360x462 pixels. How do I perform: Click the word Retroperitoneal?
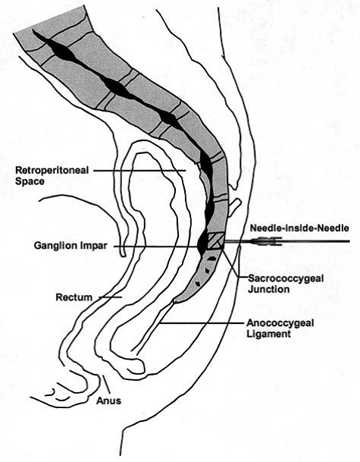pyautogui.click(x=52, y=170)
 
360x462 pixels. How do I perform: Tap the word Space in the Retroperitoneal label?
pyautogui.click(x=30, y=181)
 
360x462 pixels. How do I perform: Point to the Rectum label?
pyautogui.click(x=74, y=297)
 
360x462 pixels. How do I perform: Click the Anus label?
pyautogui.click(x=108, y=401)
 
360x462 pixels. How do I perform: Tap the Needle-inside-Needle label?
pyautogui.click(x=299, y=228)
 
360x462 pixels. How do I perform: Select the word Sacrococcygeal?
pyautogui.click(x=286, y=278)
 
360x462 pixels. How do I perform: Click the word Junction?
pyautogui.click(x=268, y=289)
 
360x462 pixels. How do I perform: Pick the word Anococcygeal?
pyautogui.click(x=280, y=323)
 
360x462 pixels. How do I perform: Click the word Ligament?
pyautogui.click(x=268, y=334)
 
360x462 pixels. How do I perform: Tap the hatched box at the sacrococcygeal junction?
pyautogui.click(x=215, y=241)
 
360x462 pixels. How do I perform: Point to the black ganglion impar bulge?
pyautogui.click(x=202, y=244)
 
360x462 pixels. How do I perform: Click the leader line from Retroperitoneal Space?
pyautogui.click(x=139, y=170)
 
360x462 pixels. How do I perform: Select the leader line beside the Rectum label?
pyautogui.click(x=110, y=297)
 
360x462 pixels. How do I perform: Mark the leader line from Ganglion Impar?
pyautogui.click(x=156, y=247)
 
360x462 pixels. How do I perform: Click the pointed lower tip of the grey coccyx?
pyautogui.click(x=175, y=301)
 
